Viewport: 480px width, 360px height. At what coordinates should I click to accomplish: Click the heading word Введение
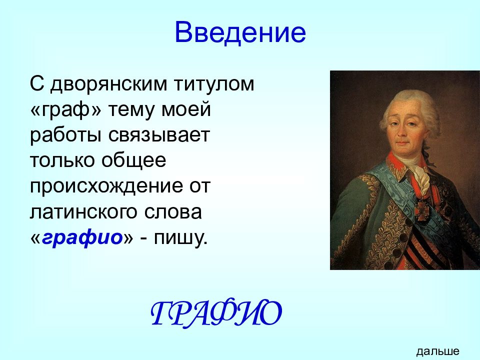pos(240,32)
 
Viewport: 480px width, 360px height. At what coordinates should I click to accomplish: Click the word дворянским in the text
pos(108,84)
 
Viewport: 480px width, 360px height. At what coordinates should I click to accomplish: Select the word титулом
pos(214,83)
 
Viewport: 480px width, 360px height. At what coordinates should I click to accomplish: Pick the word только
pos(62,160)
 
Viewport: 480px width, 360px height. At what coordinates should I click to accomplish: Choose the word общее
pos(134,160)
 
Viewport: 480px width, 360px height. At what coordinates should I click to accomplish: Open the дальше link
pos(438,351)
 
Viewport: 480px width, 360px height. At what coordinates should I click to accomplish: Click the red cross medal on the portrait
pos(422,208)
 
